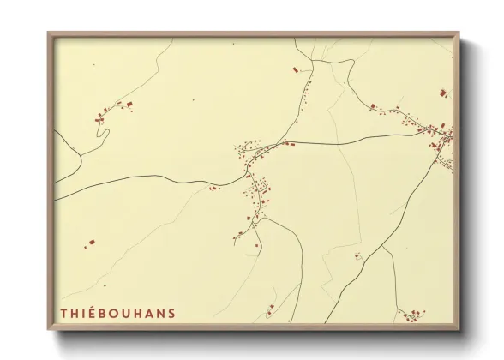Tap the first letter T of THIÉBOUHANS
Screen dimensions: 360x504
tap(63, 314)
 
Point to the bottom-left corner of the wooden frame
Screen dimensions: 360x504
tap(49, 329)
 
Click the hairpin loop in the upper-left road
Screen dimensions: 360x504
tap(104, 134)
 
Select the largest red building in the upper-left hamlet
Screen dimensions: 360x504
tap(130, 104)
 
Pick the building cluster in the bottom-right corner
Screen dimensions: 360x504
tap(417, 312)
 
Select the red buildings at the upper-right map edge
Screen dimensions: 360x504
tap(443, 92)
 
